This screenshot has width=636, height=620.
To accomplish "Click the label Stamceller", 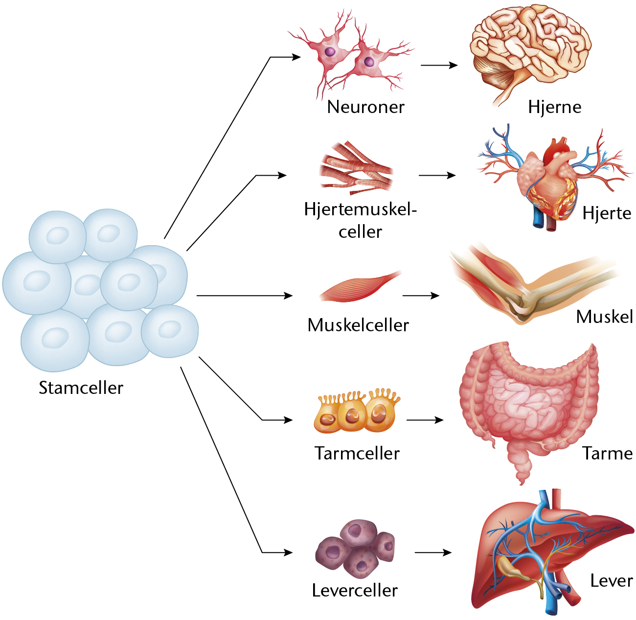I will tap(81, 388).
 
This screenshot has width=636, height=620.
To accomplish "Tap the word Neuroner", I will tap(365, 107).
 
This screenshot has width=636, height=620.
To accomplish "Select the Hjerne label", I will tap(554, 107).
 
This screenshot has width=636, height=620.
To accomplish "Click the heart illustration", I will tap(550, 184).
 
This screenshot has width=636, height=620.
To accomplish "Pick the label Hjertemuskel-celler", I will tap(360, 220).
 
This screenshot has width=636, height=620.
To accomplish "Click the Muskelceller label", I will tap(358, 325).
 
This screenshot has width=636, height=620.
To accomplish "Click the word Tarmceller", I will tap(357, 453).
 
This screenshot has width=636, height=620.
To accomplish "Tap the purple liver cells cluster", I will tap(356, 548).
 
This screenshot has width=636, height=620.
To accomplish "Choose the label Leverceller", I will tap(355, 590).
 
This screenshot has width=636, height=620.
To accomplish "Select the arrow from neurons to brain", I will tap(439, 65).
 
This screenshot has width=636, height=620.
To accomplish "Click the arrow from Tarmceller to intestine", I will tap(425, 420).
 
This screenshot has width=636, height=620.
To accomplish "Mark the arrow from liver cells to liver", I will tap(433, 552).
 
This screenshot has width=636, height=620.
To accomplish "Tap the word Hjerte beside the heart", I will tap(607, 213).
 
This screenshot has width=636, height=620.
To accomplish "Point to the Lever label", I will tap(611, 581).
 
